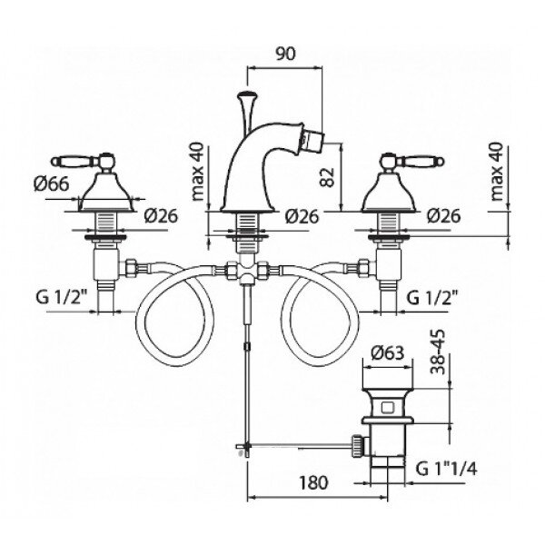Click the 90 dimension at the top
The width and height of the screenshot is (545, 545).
point(285,54)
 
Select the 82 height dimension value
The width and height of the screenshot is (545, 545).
point(327,177)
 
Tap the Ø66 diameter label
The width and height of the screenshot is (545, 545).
point(52,183)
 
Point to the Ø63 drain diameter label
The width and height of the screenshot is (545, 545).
point(388,353)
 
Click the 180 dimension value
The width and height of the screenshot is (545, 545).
point(314,483)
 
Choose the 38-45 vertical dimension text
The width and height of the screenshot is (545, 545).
point(438,352)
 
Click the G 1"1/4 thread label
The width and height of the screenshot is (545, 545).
point(446,470)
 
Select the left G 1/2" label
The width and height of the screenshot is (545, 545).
point(61,298)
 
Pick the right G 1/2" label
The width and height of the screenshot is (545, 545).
point(431,298)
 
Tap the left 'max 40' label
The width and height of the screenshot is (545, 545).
point(198,171)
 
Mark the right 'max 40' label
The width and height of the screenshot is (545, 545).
point(497,172)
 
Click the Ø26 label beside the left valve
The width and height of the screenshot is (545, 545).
point(161,216)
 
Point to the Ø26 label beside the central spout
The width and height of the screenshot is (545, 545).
point(302,216)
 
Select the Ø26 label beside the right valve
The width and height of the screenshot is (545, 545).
point(444,216)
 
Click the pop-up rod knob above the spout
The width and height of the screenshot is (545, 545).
point(246,94)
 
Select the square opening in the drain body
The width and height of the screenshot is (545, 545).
point(387,407)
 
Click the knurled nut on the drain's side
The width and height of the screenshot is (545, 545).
point(358,445)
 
